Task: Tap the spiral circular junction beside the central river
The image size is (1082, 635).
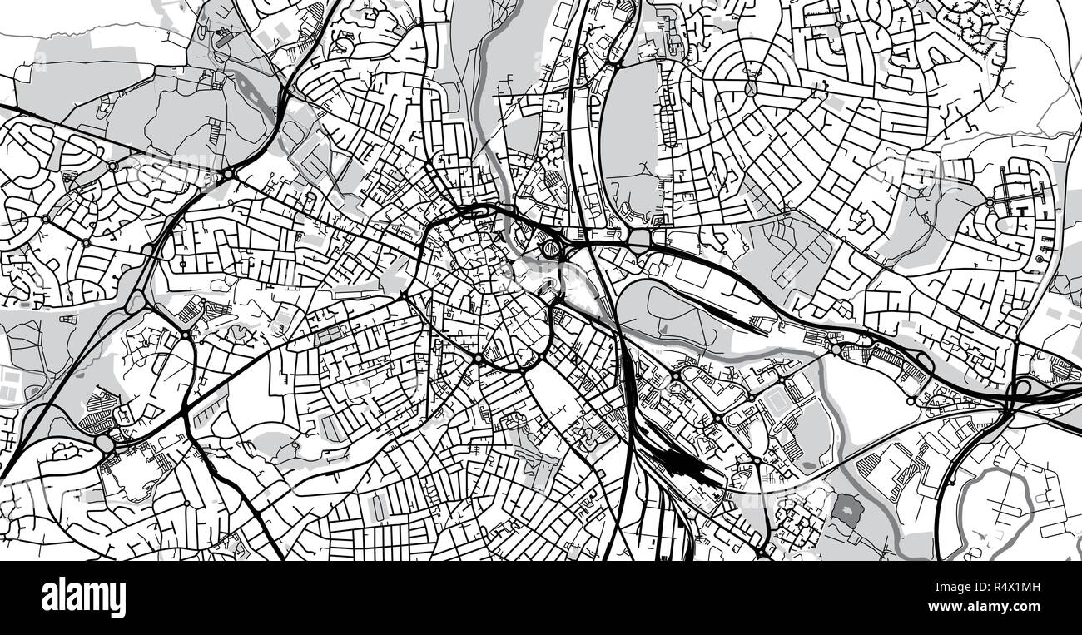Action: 549,247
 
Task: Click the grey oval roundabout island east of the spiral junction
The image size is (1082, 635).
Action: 639,239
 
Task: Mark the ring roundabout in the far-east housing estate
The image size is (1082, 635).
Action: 990,202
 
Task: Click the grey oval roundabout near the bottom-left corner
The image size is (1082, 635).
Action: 106,445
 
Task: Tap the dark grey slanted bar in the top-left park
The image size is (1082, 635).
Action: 225,37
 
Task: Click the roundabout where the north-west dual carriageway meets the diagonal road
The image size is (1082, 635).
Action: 227,175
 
